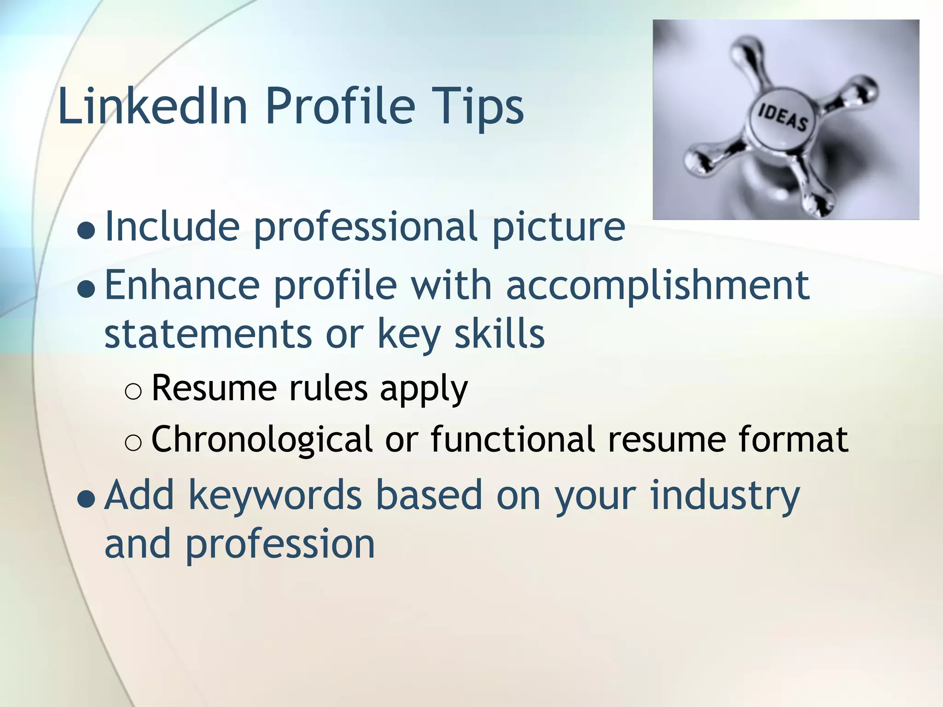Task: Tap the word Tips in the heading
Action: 478,107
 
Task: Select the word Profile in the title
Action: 340,106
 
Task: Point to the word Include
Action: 173,226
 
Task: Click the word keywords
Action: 275,496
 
